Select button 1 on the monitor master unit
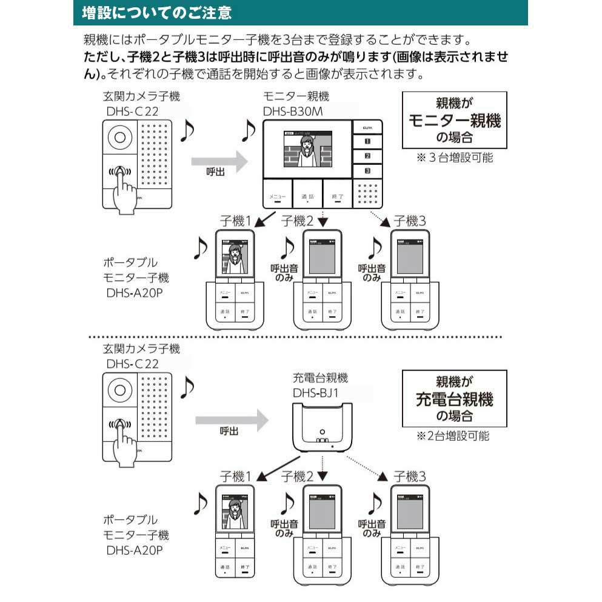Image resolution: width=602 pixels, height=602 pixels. (x=367, y=141)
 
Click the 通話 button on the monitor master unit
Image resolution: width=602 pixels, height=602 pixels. (x=307, y=196)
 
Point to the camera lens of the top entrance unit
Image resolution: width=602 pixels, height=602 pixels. (x=121, y=137)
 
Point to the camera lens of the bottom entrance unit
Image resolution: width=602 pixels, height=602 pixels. (x=121, y=390)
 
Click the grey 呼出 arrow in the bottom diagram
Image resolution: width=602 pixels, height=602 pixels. (x=230, y=418)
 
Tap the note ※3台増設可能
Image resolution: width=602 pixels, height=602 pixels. (x=454, y=158)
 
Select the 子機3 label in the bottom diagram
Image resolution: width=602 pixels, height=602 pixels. (x=409, y=476)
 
